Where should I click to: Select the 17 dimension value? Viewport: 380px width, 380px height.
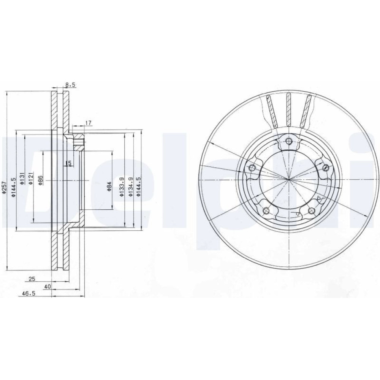click(88, 123)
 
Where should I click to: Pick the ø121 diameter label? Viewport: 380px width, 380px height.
click(30, 179)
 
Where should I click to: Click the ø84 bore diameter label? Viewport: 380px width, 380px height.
click(109, 187)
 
